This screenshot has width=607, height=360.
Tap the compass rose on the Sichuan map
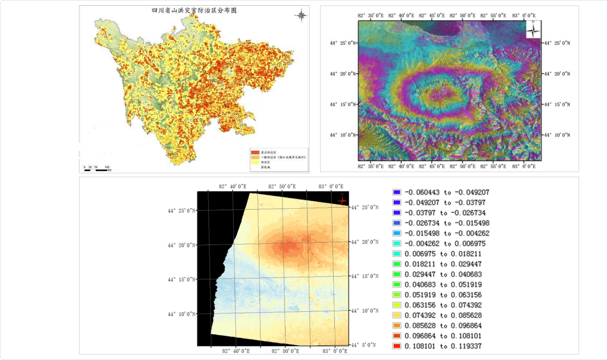pos(301,15)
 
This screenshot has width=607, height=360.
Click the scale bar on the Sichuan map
pos(96,169)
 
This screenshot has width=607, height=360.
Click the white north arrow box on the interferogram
pos(533,29)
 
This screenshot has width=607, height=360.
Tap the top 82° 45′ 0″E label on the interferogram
pos(436,16)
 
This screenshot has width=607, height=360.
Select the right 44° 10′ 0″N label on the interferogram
pos(556,135)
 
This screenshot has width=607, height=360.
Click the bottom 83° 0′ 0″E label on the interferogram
pos(525,166)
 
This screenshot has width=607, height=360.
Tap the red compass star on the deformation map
pos(342,200)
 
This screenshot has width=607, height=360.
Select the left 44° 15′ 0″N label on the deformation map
pos(181,279)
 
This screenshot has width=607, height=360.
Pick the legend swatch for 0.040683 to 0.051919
pos(396,285)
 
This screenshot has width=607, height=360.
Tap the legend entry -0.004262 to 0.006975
pos(439,244)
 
